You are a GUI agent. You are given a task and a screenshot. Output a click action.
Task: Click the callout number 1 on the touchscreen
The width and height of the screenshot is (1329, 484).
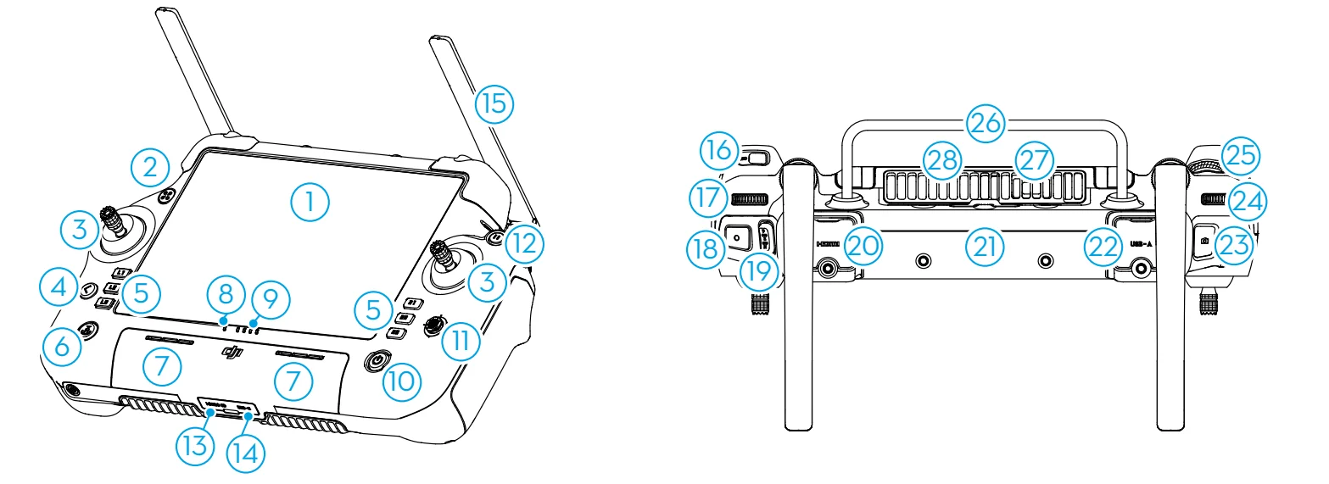coord(310,201)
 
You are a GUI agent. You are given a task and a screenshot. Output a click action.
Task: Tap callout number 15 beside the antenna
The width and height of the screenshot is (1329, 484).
coord(494,104)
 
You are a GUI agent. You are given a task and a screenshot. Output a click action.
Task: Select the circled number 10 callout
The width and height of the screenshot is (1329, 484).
coord(401,382)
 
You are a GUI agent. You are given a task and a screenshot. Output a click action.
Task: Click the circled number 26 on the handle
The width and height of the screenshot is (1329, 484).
coord(987,124)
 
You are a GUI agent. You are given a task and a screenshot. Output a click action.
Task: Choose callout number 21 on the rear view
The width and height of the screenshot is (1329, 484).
coord(984,247)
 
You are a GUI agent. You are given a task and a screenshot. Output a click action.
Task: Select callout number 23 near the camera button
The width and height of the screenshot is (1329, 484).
coord(1235,246)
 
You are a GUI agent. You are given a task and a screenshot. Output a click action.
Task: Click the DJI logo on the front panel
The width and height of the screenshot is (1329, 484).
coord(232,353)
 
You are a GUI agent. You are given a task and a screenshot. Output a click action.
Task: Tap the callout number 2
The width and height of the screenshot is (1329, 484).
coord(151,167)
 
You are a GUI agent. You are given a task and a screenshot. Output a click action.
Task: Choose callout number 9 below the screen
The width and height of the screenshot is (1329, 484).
coord(269,298)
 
